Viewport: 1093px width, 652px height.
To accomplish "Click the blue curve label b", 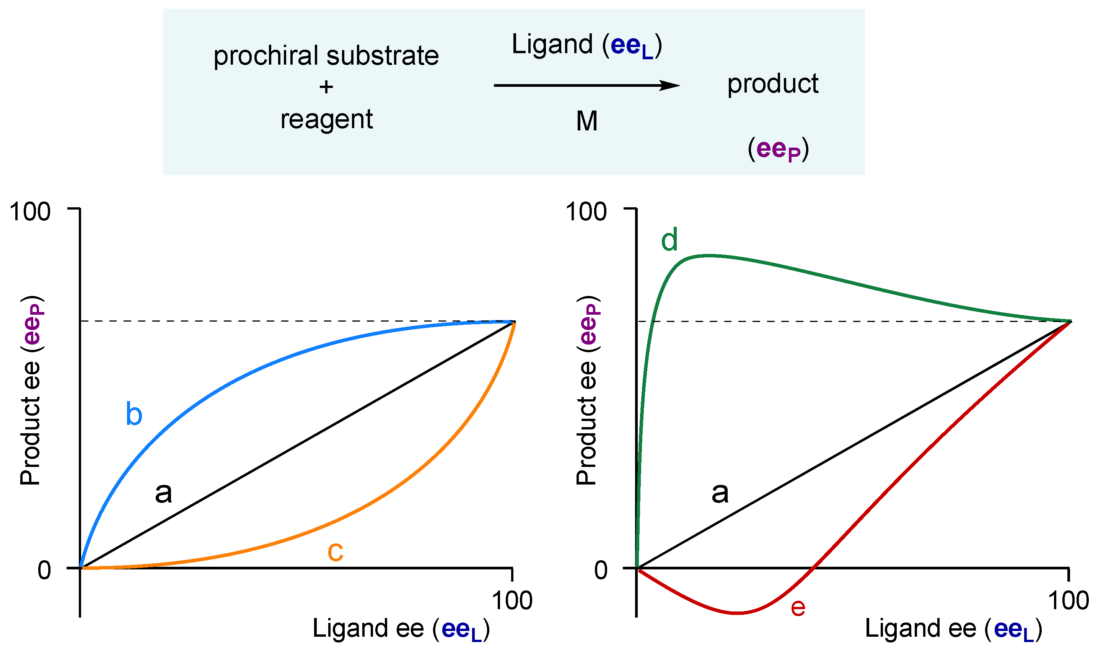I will pyautogui.click(x=134, y=414).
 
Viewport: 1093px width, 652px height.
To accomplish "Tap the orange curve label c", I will pyautogui.click(x=336, y=552).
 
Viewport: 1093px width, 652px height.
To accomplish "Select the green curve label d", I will pyautogui.click(x=669, y=240).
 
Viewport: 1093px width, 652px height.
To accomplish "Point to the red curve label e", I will pyautogui.click(x=798, y=608).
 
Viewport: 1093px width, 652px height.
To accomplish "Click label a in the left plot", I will pyautogui.click(x=163, y=493).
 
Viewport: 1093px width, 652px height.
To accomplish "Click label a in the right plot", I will pyautogui.click(x=720, y=493).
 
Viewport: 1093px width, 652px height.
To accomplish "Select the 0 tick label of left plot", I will pyautogui.click(x=44, y=571).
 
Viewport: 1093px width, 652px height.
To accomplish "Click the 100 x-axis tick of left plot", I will pyautogui.click(x=512, y=601).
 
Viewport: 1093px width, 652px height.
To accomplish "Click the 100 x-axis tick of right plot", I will pyautogui.click(x=1069, y=601).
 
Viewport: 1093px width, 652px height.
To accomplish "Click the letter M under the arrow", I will pyautogui.click(x=587, y=121).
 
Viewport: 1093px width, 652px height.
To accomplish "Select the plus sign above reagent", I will pyautogui.click(x=326, y=87).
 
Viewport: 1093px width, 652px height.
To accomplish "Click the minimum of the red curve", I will pyautogui.click(x=738, y=613).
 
